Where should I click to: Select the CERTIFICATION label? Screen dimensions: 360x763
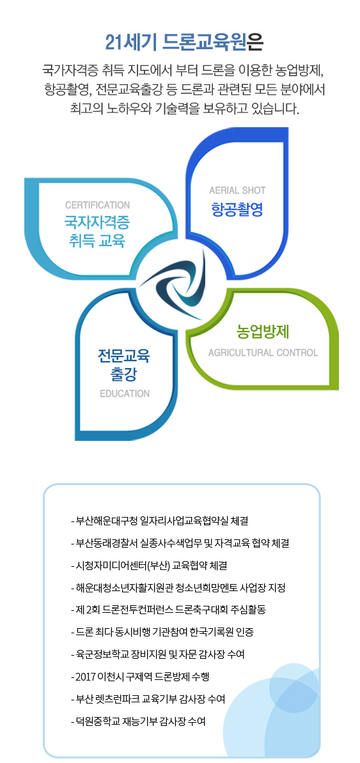[97, 205]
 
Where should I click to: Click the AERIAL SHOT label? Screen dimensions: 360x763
[237, 190]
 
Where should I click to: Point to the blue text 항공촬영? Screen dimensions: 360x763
[237, 210]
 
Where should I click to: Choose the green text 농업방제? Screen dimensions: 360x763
[263, 332]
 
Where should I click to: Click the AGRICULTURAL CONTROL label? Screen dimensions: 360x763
[263, 353]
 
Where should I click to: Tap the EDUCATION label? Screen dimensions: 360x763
[125, 394]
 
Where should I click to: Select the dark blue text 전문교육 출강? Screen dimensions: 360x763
[124, 365]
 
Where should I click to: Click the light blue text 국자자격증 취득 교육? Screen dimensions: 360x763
[97, 231]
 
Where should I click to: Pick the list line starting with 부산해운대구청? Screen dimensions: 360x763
[160, 521]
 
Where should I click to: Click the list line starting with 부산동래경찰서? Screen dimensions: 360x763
[180, 543]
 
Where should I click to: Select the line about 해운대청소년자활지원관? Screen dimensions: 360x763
[178, 588]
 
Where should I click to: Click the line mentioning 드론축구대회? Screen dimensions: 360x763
[168, 610]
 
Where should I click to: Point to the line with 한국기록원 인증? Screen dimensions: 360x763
[162, 632]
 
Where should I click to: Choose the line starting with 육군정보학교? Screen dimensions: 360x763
[158, 654]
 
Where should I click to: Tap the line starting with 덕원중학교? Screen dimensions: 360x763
[138, 721]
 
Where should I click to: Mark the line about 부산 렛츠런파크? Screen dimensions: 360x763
[148, 699]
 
